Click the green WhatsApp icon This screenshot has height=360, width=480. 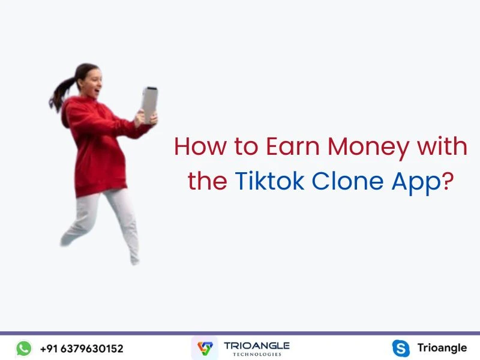point(23,348)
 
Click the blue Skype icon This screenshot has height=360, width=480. point(400,348)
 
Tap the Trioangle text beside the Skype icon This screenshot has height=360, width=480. point(442,348)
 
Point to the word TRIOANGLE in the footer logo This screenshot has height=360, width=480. point(256,346)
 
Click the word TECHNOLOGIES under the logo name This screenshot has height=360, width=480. point(256,355)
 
